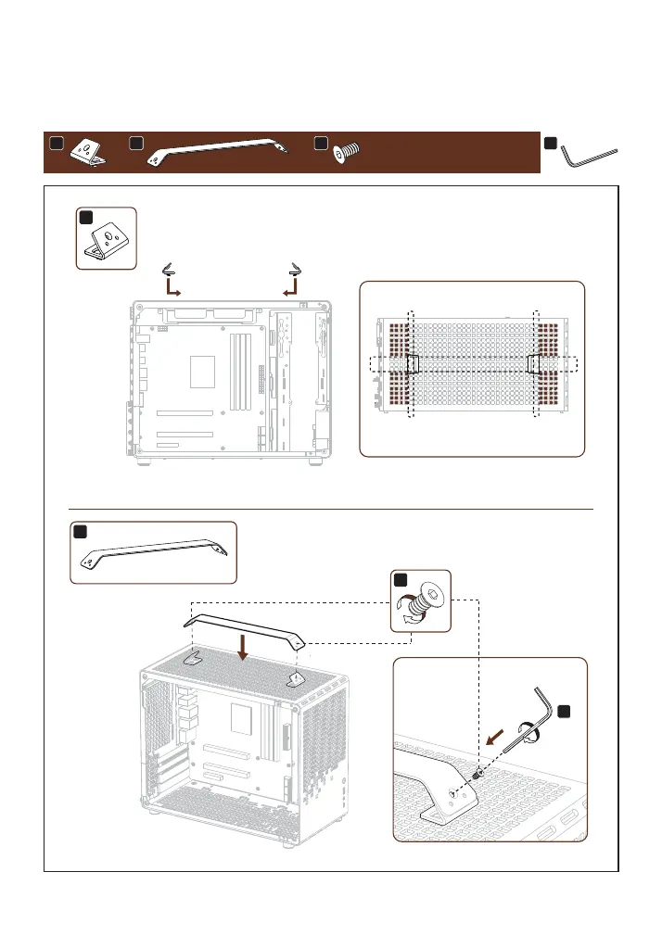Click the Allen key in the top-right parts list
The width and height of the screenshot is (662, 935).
coord(590,156)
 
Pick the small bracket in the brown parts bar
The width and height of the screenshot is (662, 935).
coord(92,151)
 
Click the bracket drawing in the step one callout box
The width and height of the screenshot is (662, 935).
coord(105,238)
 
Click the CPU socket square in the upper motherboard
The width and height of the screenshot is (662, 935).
coord(201,371)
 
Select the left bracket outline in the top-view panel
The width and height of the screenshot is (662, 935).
coord(413,363)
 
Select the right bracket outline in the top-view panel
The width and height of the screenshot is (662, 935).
coord(534,363)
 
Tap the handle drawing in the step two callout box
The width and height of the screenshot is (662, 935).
coord(154,551)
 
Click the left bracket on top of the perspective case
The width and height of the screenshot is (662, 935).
coord(194,659)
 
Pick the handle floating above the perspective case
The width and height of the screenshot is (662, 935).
coord(248,623)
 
